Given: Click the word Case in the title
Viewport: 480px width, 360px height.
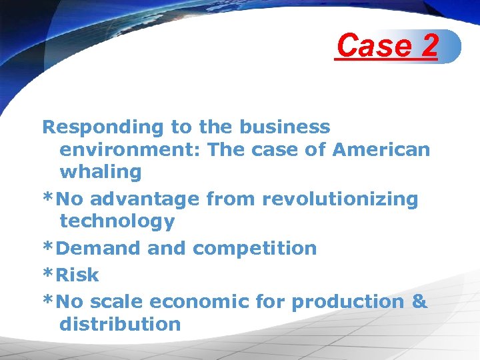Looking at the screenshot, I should (x=373, y=46).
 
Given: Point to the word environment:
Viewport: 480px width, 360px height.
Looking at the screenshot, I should (x=130, y=149).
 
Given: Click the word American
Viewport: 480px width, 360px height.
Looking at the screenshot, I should (x=383, y=149).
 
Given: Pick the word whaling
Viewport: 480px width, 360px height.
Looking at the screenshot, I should (x=101, y=172).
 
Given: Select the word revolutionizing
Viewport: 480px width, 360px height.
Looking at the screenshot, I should (x=340, y=199).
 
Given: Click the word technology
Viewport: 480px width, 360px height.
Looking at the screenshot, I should (x=117, y=221).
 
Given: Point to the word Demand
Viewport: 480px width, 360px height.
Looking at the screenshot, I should (x=99, y=248).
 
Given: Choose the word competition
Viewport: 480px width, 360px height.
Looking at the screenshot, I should (x=255, y=248).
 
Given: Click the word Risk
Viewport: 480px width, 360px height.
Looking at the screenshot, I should (x=77, y=275).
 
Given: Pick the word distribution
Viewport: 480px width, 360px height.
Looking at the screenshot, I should (x=120, y=324).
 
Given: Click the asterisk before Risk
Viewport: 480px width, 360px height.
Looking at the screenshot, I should (x=48, y=273).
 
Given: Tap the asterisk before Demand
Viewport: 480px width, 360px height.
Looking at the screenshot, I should (x=48, y=247).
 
